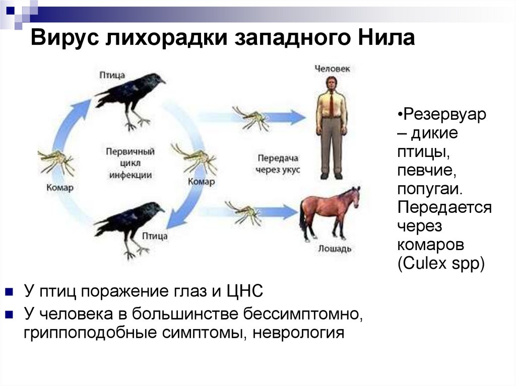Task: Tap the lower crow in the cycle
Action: click(130, 224)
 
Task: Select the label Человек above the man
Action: click(332, 68)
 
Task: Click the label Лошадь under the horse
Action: click(335, 249)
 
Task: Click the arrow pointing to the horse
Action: click(280, 212)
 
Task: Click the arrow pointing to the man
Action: click(285, 117)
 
